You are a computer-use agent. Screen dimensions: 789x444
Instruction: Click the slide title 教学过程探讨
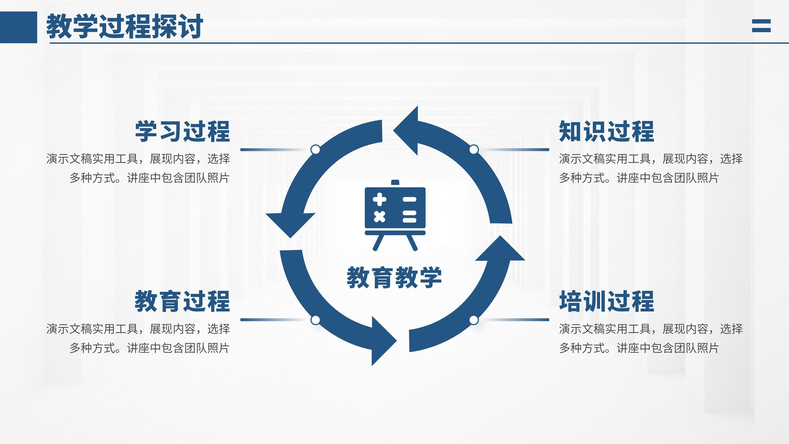(x=125, y=27)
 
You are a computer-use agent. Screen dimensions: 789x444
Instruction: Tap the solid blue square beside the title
(x=18, y=27)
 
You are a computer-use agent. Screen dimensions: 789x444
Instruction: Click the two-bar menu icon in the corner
(x=761, y=26)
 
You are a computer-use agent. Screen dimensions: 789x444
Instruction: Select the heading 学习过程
(x=182, y=131)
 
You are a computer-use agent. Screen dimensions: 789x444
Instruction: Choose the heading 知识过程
(x=607, y=131)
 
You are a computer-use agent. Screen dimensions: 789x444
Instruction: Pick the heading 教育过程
(x=182, y=301)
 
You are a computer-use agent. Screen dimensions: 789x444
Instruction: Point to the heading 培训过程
(x=607, y=301)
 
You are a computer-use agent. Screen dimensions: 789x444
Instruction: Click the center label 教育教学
(x=394, y=277)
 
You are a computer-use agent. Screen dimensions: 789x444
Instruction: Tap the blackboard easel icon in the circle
(x=395, y=215)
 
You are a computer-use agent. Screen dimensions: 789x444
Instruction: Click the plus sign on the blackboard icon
(x=379, y=199)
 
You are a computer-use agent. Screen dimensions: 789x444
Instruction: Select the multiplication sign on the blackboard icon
(x=379, y=217)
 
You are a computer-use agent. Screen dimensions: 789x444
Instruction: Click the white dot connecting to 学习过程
(x=316, y=149)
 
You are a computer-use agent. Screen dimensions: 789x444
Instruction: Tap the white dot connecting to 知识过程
(x=474, y=149)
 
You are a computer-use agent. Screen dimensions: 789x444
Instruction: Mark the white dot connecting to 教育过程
(x=316, y=320)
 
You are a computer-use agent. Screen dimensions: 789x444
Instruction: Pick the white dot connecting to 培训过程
(x=474, y=320)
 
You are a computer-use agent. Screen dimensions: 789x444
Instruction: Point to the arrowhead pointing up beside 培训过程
(x=500, y=250)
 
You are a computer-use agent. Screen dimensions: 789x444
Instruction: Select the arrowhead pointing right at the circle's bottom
(x=382, y=341)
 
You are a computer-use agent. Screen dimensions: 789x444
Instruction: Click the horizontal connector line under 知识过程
(x=514, y=150)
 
